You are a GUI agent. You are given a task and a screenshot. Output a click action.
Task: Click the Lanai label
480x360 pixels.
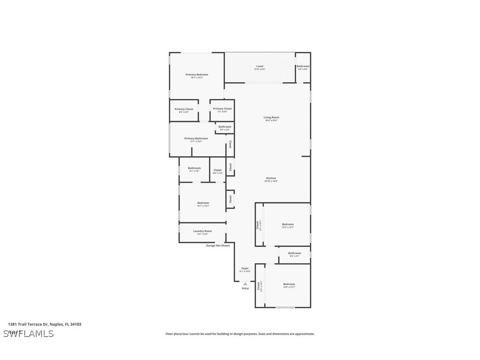[259, 66]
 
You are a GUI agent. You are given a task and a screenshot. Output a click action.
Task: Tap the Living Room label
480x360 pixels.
[272, 118]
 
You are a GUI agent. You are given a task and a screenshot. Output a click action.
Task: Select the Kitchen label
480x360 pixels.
[271, 178]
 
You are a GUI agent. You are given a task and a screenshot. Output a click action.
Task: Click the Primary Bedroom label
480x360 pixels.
[197, 75]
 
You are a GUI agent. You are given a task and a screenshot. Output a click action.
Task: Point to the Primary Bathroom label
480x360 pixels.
[196, 138]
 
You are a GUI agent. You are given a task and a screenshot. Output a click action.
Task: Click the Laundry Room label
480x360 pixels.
[202, 231]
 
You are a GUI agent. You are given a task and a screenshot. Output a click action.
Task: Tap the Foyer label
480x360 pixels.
[245, 268]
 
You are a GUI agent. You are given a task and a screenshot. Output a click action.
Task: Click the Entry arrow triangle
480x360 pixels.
[245, 284]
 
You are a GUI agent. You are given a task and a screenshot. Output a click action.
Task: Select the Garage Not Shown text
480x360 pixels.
[218, 245]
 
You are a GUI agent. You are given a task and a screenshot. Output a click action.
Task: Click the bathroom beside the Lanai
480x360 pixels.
[303, 66]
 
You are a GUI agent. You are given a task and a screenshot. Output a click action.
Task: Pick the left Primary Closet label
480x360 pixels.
[184, 109]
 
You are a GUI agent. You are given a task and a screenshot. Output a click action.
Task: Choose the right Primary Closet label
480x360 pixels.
[222, 109]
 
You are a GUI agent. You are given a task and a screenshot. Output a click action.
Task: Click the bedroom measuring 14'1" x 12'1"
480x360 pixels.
[203, 203]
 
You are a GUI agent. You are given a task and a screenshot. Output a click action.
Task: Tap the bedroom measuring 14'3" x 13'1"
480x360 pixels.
[288, 224]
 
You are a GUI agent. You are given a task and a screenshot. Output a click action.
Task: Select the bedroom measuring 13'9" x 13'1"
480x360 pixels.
[289, 284]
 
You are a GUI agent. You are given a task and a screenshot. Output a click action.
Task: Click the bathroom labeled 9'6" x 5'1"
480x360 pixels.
[294, 253]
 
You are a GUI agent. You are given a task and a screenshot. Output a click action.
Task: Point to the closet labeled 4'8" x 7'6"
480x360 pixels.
[217, 170]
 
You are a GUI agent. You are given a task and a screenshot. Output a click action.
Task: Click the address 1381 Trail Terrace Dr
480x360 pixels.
[45, 324]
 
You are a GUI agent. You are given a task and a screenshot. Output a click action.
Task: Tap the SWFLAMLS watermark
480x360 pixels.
[29, 333]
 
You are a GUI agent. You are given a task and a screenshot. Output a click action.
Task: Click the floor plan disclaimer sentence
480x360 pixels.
[240, 334]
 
